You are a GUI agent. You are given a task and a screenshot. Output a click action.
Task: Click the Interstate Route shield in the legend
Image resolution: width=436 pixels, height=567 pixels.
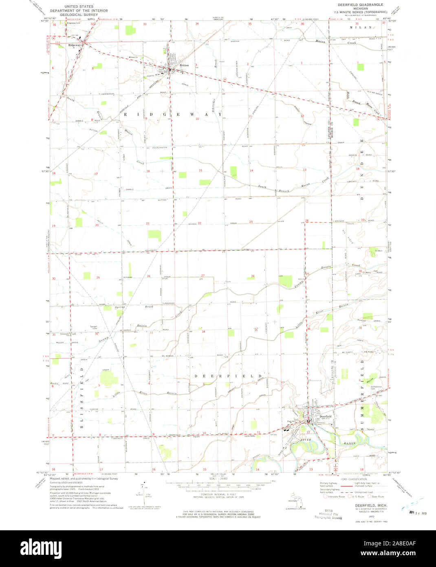[325, 497]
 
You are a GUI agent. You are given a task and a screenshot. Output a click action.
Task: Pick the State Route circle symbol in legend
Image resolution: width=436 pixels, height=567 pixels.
[370, 497]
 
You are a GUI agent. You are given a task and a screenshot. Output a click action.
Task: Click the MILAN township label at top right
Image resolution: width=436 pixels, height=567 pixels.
[361, 27]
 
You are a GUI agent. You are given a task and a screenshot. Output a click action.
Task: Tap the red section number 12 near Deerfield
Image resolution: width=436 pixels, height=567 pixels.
[308, 432]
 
